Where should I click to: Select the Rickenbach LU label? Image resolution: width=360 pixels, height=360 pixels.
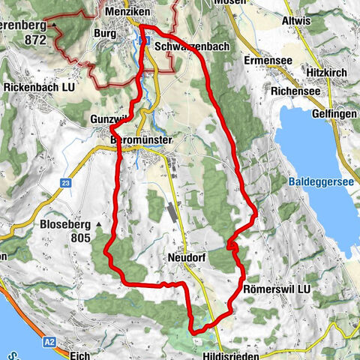pos(40,87)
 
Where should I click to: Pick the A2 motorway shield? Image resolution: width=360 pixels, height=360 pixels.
pos(49,341)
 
